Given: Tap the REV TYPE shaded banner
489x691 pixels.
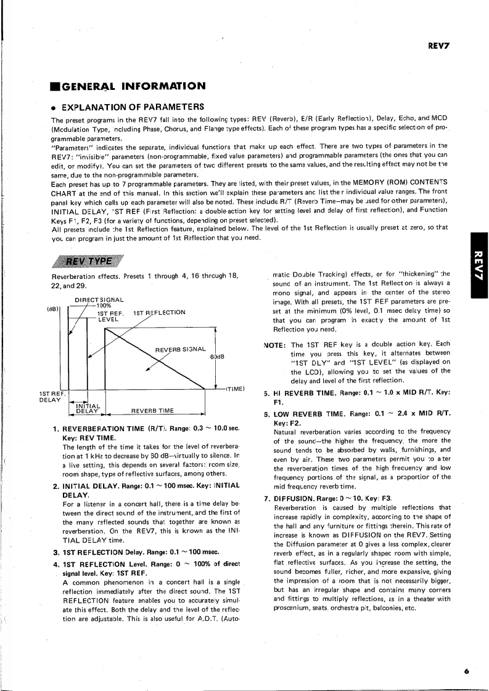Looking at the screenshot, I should coord(92,243).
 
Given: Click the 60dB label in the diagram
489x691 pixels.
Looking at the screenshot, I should coord(216,357).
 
